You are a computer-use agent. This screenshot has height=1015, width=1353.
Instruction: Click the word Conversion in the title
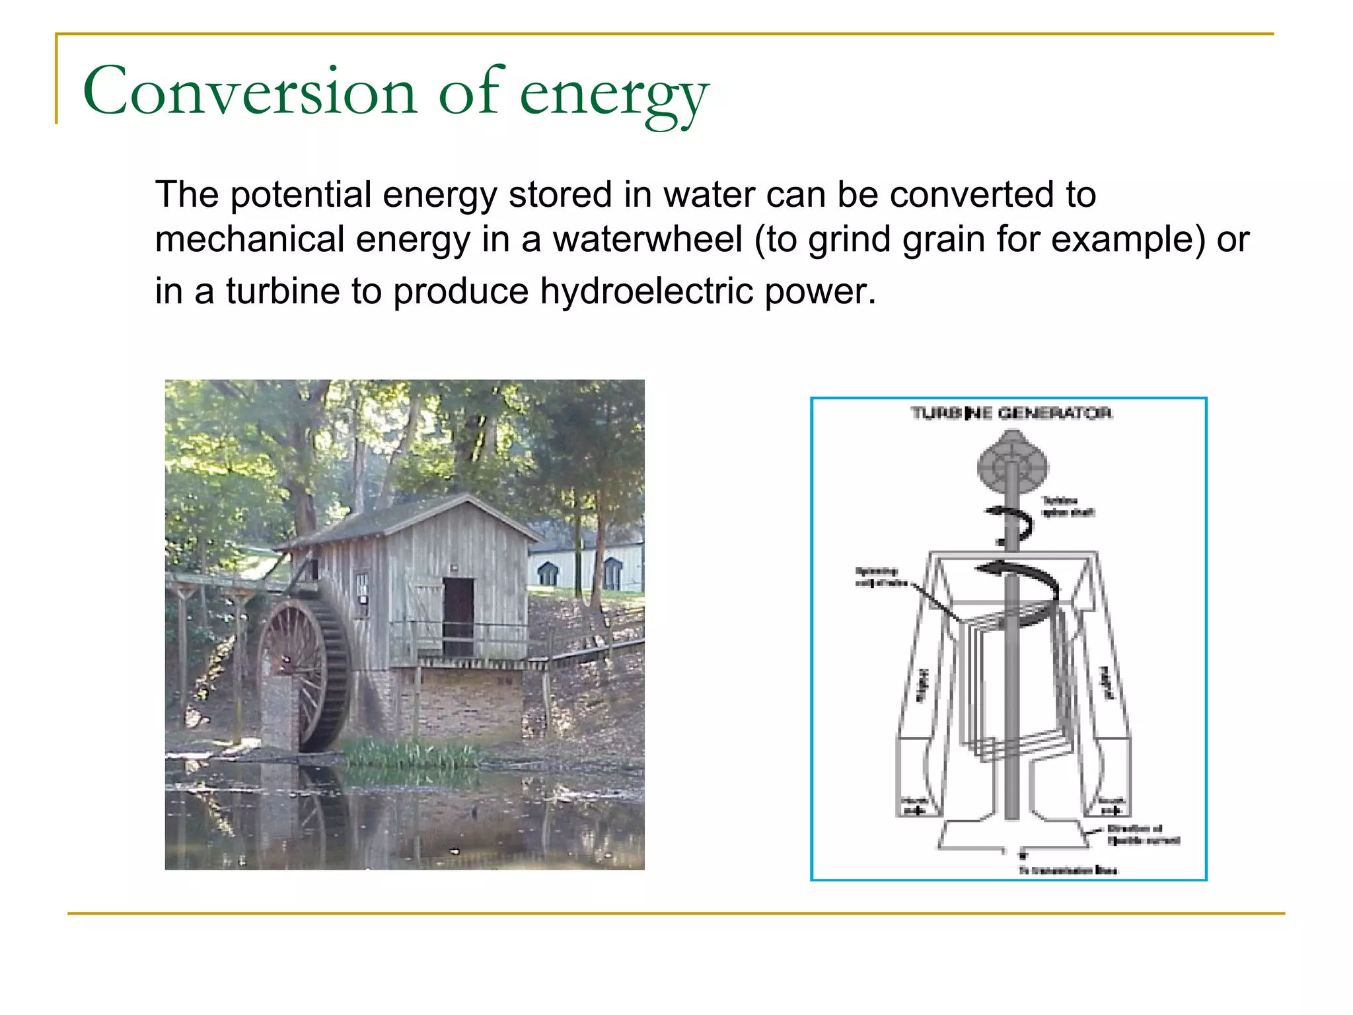click(x=250, y=92)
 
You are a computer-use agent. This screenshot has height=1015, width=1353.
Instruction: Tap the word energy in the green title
click(x=614, y=96)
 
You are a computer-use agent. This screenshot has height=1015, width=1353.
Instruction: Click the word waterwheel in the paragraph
click(x=647, y=239)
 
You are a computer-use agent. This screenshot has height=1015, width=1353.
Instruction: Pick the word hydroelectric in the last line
click(x=647, y=291)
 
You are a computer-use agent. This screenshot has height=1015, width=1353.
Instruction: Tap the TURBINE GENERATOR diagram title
click(x=1011, y=414)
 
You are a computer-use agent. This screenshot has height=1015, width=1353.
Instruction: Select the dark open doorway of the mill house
click(x=458, y=616)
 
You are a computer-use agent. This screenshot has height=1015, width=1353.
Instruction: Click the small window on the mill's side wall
click(x=362, y=587)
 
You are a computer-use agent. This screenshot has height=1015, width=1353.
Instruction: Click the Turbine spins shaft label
click(x=1068, y=507)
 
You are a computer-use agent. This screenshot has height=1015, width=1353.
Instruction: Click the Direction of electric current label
click(x=1142, y=835)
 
